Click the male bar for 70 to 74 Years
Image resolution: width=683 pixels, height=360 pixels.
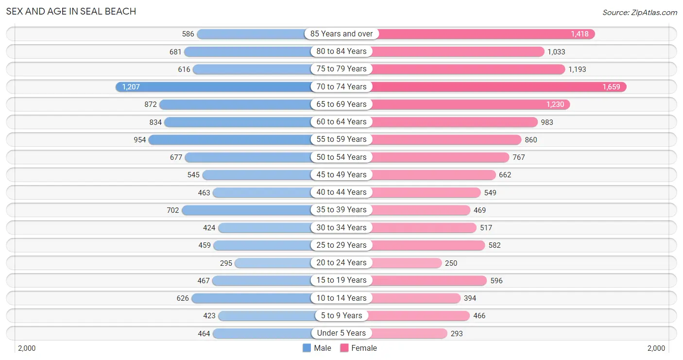click(x=214, y=86)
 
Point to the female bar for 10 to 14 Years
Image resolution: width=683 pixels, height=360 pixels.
click(x=416, y=298)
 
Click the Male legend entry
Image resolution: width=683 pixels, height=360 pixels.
click(x=317, y=348)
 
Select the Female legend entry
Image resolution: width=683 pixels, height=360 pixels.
click(x=359, y=348)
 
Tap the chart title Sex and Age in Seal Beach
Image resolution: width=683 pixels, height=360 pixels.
click(x=71, y=11)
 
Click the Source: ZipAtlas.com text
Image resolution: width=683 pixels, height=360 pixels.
click(x=639, y=13)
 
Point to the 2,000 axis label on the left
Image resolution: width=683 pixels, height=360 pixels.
click(x=27, y=348)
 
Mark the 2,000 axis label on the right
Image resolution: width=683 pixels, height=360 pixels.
click(x=656, y=348)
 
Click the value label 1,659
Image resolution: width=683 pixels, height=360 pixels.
click(x=611, y=87)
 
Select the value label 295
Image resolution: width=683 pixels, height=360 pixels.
click(x=226, y=263)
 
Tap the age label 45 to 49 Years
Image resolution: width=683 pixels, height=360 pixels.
click(x=341, y=174)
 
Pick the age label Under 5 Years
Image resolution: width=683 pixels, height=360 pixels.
click(x=341, y=333)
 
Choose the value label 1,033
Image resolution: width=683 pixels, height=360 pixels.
click(x=556, y=51)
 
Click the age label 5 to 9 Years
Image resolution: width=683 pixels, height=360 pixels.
click(x=341, y=315)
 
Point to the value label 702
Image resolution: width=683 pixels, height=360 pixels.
click(x=173, y=210)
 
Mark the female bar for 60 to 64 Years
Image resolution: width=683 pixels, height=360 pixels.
click(x=454, y=122)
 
